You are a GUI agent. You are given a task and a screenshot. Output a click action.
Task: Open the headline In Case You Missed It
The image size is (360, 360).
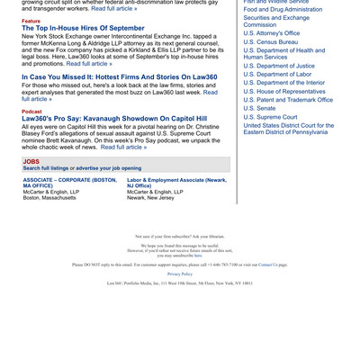pos(119,77)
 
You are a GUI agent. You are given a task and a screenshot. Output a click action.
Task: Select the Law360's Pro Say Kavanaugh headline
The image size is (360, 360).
pos(114,118)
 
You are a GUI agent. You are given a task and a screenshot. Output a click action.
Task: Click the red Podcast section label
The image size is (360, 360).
pos(31,111)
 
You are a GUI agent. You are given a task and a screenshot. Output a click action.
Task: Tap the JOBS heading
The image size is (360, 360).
pos(31,161)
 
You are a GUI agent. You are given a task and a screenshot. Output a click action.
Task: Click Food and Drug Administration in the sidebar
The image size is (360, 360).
pos(283,9)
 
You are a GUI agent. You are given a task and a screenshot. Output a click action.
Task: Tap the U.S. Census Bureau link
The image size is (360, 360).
pos(270,41)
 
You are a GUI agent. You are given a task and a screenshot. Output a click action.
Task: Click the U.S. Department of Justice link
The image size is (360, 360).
pos(279,66)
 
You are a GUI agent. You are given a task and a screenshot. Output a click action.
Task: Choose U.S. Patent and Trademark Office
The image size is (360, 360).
pos(288,100)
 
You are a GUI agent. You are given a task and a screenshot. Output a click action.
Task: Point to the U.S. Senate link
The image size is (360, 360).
pos(260,108)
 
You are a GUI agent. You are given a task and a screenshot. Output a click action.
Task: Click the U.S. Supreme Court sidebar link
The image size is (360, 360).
pos(270,117)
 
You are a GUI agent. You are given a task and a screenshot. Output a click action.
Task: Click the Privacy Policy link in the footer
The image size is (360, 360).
pos(179,273)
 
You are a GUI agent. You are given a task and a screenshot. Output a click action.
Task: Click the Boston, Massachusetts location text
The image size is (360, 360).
pos(55,198)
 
